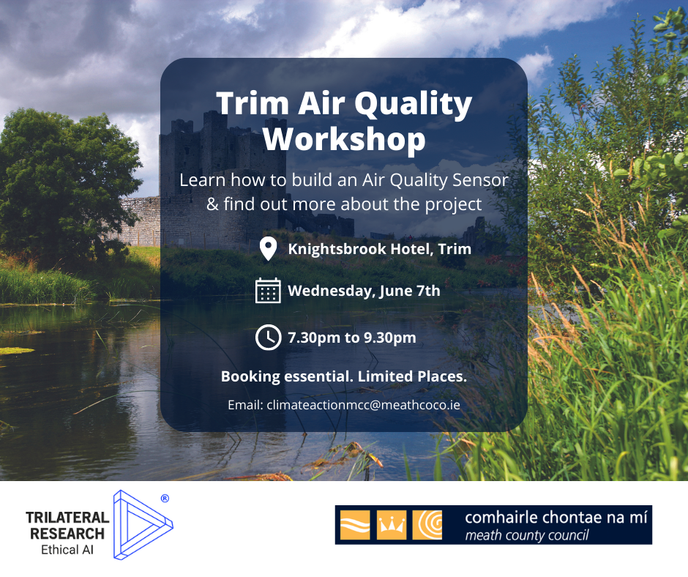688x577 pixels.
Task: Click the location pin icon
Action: pos(268,248)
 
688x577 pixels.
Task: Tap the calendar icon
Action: pos(268,291)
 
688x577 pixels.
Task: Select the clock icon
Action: pos(268,338)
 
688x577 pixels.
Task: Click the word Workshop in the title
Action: pos(344,139)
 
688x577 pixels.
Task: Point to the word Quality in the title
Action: pos(413,105)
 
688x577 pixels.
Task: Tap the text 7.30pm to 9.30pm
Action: pos(352,338)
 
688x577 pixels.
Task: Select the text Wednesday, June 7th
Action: pos(364,291)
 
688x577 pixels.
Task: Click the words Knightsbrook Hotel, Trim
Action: pos(380,249)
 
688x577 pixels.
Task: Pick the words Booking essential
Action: pos(288,376)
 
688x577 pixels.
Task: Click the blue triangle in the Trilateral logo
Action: pos(142,525)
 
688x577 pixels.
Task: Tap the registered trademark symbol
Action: pos(165,499)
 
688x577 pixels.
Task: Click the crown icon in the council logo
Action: pos(392,525)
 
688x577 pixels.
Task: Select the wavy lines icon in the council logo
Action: pos(355,525)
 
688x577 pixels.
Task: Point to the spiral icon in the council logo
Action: pos(427,525)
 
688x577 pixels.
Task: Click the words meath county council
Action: pos(527,536)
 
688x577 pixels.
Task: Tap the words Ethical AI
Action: pos(67,550)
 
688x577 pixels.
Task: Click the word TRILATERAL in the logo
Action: pos(67,518)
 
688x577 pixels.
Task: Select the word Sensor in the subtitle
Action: pos(480,180)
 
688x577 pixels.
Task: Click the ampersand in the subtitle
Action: pos(212,204)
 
